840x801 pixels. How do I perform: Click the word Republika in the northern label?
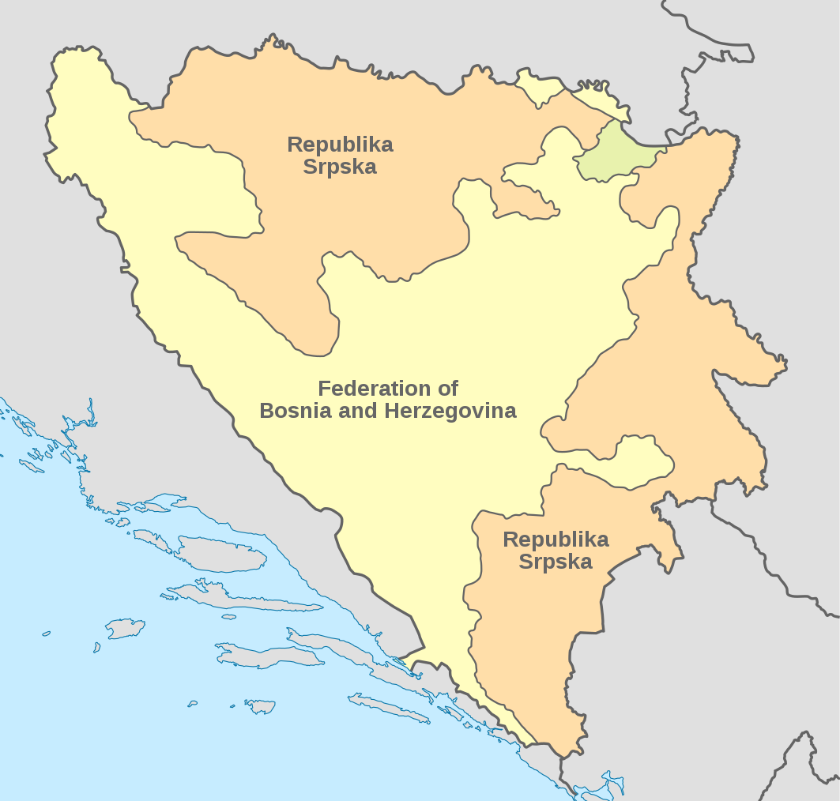340,145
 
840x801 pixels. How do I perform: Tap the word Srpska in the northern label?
340,167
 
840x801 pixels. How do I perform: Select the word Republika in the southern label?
556,540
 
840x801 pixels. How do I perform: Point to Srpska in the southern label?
556,562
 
